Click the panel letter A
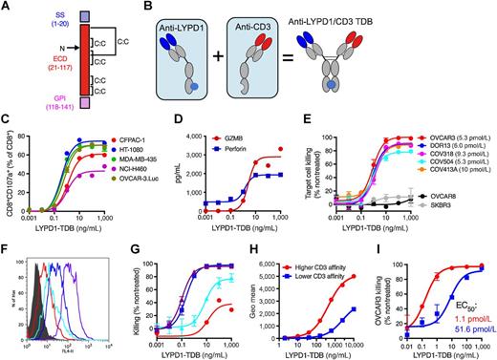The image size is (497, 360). (7, 7)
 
